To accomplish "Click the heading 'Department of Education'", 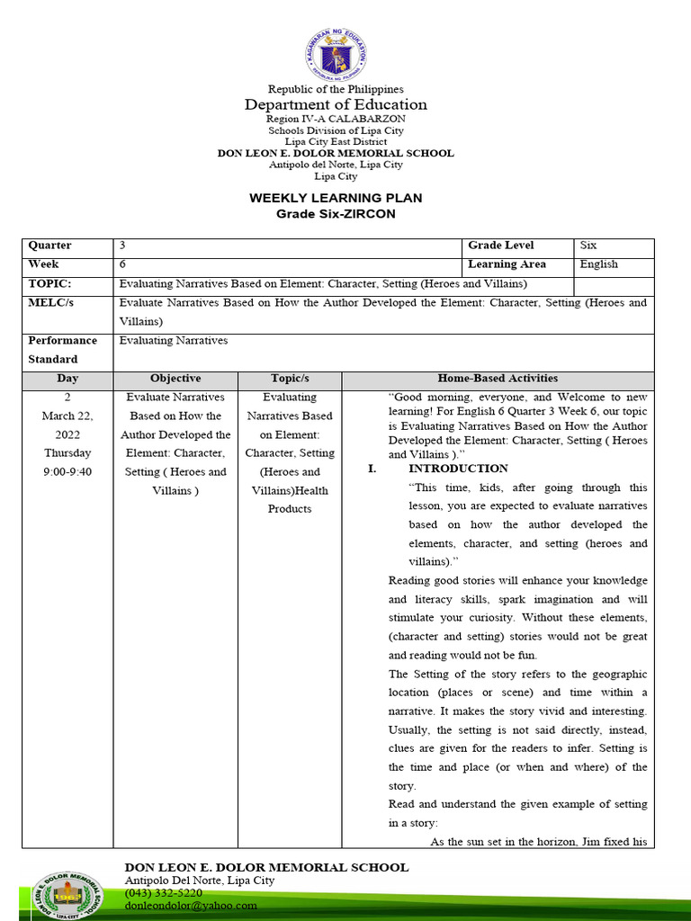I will tap(336, 104).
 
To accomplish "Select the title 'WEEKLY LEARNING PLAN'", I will tap(336, 198).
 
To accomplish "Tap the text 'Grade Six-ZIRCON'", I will tap(336, 214).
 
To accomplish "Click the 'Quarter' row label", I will tap(50, 246).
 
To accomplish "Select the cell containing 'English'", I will tap(599, 264).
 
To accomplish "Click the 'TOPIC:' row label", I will tap(49, 283).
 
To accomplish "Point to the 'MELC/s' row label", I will tap(51, 302).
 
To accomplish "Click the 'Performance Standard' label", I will tap(62, 350).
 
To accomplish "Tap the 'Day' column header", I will tap(67, 379).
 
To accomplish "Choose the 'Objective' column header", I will tap(175, 379).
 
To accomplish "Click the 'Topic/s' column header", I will tap(290, 379).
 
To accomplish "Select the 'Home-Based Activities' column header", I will tap(498, 379).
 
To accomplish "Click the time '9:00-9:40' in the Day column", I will tap(67, 471).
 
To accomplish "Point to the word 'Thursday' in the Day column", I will tap(67, 453).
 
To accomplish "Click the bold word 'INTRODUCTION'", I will tap(458, 469).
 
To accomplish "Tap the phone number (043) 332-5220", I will tap(163, 893).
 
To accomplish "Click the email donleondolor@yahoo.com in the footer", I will tap(191, 906).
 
